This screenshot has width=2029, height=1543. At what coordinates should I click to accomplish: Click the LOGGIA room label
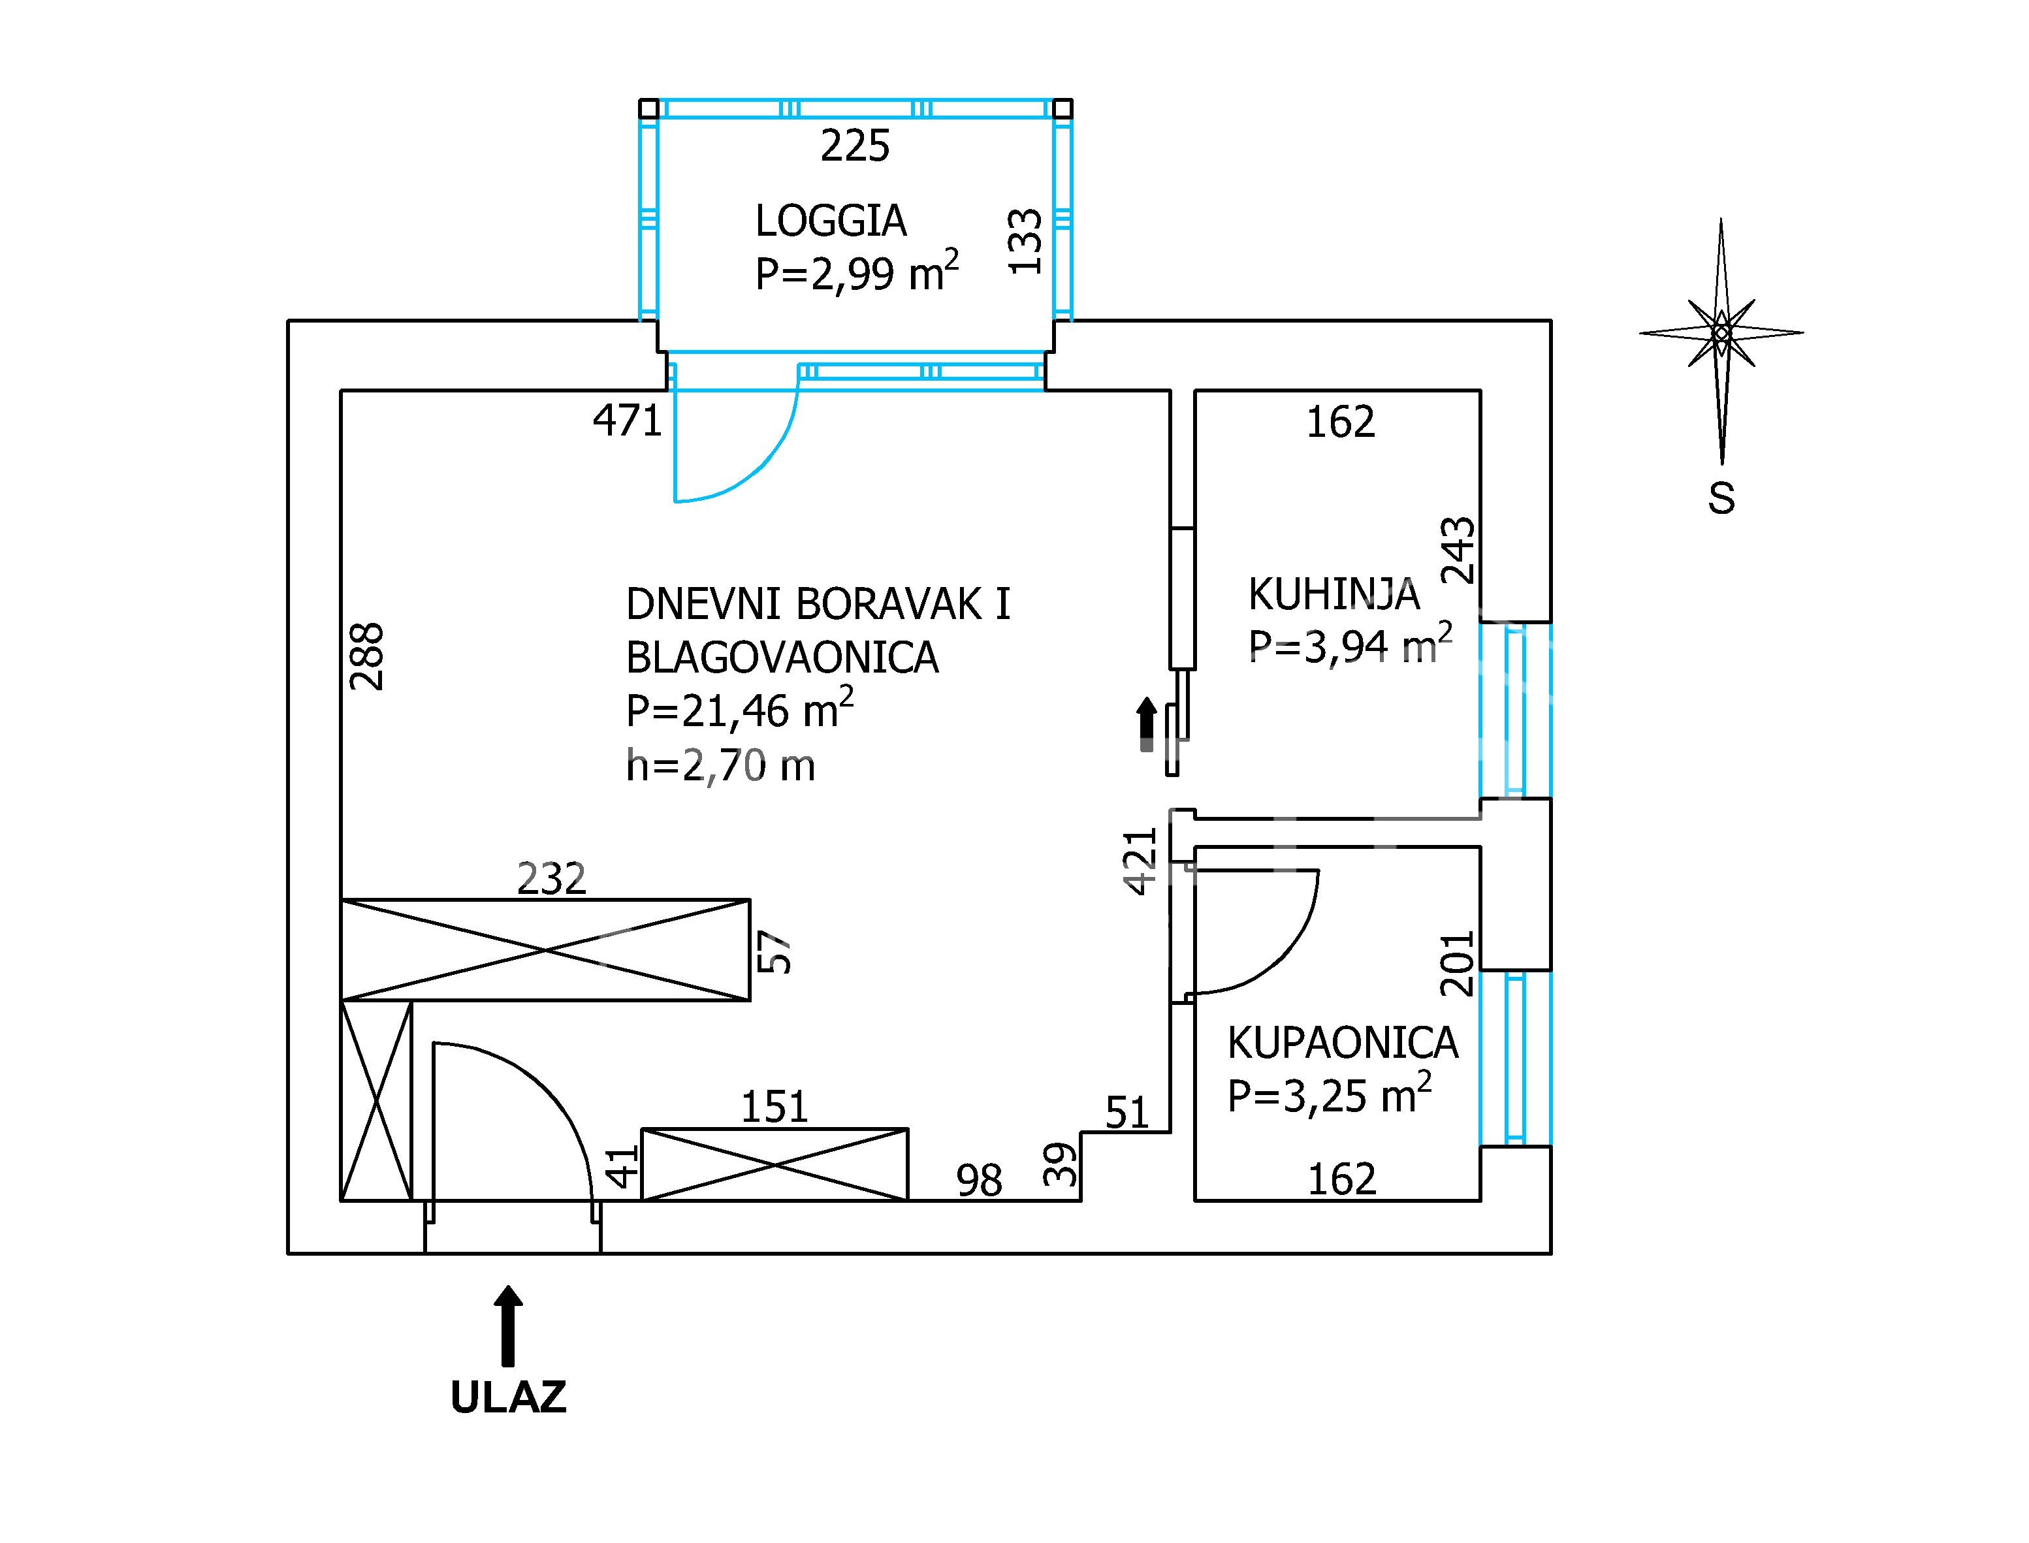coord(830,221)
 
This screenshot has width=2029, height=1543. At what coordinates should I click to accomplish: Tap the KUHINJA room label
coord(1334,595)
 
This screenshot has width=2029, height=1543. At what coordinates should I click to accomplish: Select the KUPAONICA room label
coord(1343,1042)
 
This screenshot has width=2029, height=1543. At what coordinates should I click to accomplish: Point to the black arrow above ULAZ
coord(508,1326)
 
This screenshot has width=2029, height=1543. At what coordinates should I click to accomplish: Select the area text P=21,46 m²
coord(739,709)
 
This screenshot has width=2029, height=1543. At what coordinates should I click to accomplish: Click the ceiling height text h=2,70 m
coord(720,765)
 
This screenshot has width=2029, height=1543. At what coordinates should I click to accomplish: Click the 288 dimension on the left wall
coord(368,657)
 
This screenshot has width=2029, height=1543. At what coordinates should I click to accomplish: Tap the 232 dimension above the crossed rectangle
coord(551,879)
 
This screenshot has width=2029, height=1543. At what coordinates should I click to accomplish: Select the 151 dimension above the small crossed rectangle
coord(775,1107)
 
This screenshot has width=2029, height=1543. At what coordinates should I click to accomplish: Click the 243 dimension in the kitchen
coord(1459,550)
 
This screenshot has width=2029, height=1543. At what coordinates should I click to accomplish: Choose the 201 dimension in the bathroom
coord(1457,964)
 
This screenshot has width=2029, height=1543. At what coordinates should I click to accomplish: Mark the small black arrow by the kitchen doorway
coord(1146,725)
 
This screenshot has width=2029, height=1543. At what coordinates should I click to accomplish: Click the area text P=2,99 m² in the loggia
coord(857,271)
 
